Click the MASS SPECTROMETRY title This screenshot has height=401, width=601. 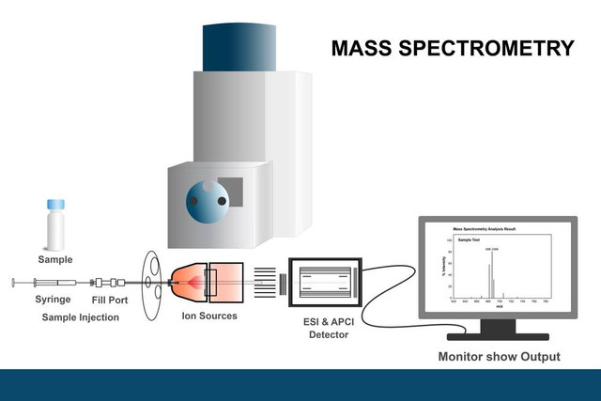pos(452,48)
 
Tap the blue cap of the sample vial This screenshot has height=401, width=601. pos(55,204)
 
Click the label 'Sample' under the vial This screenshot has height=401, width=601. pos(55,259)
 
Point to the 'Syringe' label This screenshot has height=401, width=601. pos(53,300)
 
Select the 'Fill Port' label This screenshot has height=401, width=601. pos(108,300)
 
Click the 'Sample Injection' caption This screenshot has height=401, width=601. pos(81,317)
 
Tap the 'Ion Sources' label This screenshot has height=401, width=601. pos(208,316)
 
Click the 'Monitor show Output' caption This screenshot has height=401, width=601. pos(499,356)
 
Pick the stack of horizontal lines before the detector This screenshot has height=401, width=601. pos(266,281)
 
